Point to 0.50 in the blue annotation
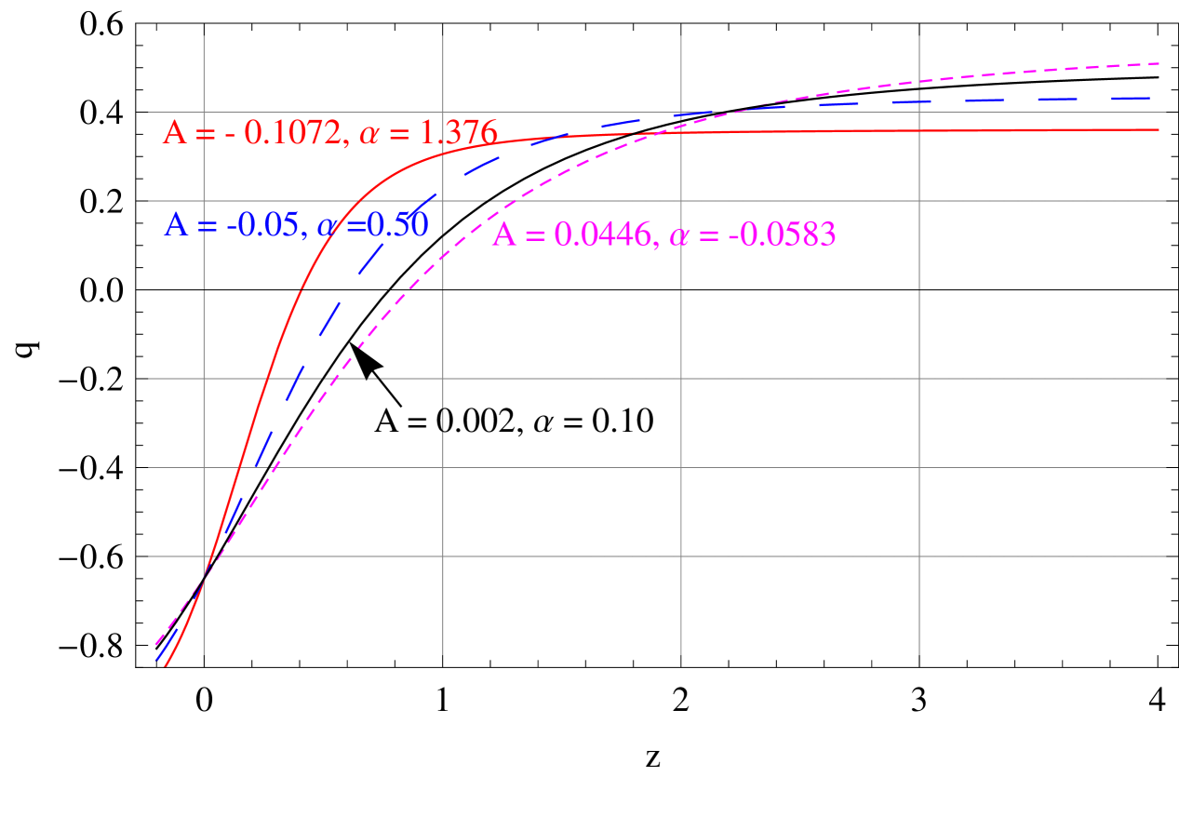click(399, 225)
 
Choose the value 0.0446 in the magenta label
click(605, 235)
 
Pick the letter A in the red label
click(174, 133)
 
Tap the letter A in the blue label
click(176, 225)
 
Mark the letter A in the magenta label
click(503, 235)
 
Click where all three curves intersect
click(204, 578)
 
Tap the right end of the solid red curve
click(1159, 129)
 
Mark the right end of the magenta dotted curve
click(1159, 63)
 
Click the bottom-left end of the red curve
click(166, 665)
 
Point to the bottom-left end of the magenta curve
click(155, 643)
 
